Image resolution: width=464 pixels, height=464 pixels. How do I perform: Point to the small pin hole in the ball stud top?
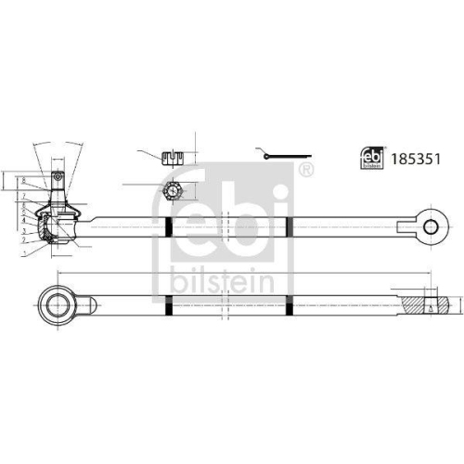[x=56, y=177]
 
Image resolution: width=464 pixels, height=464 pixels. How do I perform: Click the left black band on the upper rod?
[x=167, y=225]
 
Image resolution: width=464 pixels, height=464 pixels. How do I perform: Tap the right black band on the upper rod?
[x=289, y=225]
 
